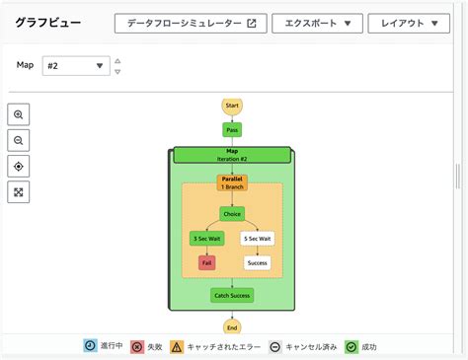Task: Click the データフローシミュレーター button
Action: tap(190, 24)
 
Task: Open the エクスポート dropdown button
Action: tap(316, 24)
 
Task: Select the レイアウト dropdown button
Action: tap(409, 24)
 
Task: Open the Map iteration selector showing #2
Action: tap(76, 66)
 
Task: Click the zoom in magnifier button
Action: tap(19, 114)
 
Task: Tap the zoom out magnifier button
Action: tap(19, 140)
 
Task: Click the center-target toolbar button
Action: tap(19, 166)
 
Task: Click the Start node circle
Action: tap(232, 106)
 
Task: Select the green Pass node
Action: tap(232, 129)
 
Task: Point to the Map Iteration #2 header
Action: tap(232, 155)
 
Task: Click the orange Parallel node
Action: tap(232, 182)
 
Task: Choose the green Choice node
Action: tap(232, 213)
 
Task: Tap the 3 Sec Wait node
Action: tap(206, 238)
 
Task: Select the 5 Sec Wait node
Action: tap(258, 238)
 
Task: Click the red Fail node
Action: tap(206, 263)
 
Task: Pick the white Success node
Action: tap(258, 263)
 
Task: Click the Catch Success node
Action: tap(232, 295)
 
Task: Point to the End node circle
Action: tap(232, 327)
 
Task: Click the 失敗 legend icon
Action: tap(137, 347)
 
